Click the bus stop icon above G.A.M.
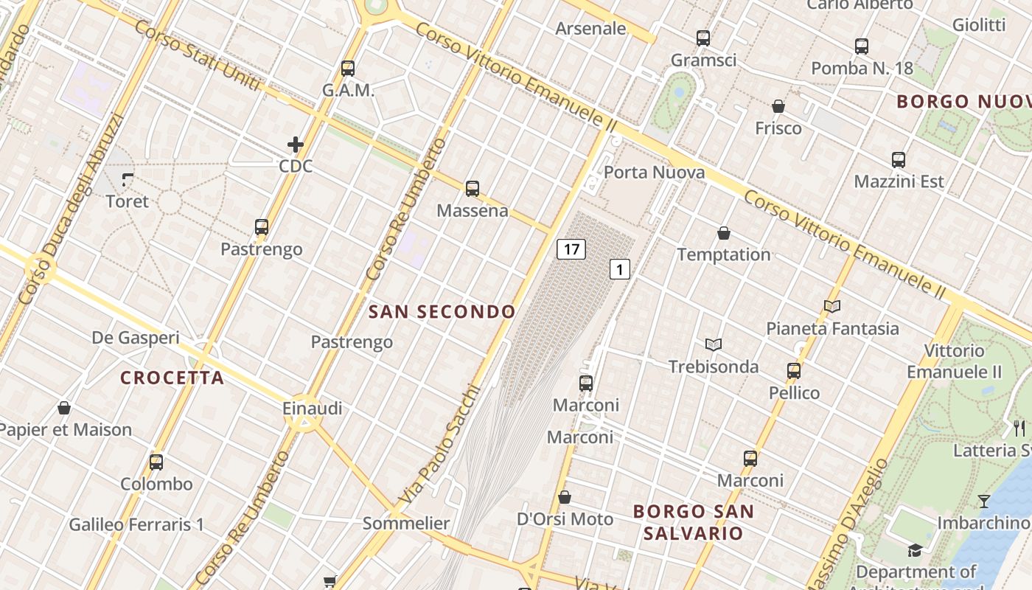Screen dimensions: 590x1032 pyautogui.click(x=348, y=69)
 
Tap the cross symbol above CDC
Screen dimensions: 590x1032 pyautogui.click(x=296, y=145)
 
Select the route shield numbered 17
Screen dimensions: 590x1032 pyautogui.click(x=571, y=249)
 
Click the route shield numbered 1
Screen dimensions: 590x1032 pyautogui.click(x=620, y=270)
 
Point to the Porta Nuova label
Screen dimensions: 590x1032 pyautogui.click(x=654, y=173)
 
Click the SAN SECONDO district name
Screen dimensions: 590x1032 pyautogui.click(x=442, y=312)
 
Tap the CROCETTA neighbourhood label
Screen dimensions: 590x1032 pyautogui.click(x=172, y=378)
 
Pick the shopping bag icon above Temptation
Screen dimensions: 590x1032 pyautogui.click(x=724, y=233)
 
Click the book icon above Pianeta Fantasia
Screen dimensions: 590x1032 pyautogui.click(x=832, y=306)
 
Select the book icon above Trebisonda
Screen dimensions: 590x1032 pyautogui.click(x=714, y=344)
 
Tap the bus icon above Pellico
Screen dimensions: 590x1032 pyautogui.click(x=794, y=370)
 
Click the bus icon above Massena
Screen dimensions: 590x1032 pyautogui.click(x=473, y=189)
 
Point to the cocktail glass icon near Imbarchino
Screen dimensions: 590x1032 pyautogui.click(x=984, y=502)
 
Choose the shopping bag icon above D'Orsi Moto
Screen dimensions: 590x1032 pyautogui.click(x=565, y=497)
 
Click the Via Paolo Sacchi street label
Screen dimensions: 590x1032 pyautogui.click(x=439, y=445)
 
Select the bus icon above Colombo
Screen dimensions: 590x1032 pyautogui.click(x=156, y=462)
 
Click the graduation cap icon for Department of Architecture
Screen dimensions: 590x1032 pyautogui.click(x=915, y=550)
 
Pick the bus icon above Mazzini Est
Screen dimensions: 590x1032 pyautogui.click(x=899, y=159)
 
